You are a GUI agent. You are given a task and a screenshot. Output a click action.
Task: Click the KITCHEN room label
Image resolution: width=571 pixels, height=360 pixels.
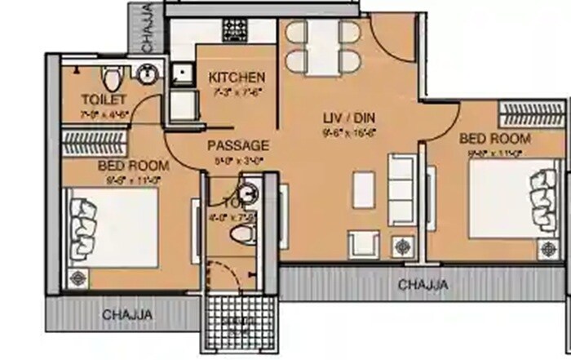coord(237,78)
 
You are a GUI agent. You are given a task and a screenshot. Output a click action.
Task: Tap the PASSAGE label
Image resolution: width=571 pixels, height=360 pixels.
coord(237,145)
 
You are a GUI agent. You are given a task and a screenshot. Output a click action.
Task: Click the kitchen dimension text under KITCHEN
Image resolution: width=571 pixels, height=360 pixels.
coord(237,91)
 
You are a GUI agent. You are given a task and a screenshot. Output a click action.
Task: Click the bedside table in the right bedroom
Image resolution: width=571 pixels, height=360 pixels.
coord(541,244)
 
